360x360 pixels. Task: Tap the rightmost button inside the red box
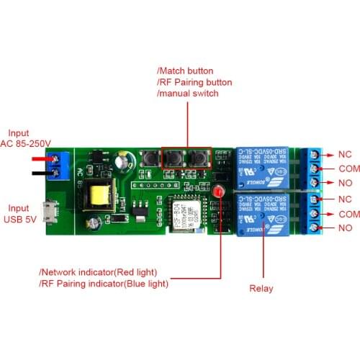pyautogui.click(x=197, y=157)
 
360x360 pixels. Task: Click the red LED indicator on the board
pyautogui.click(x=215, y=191)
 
